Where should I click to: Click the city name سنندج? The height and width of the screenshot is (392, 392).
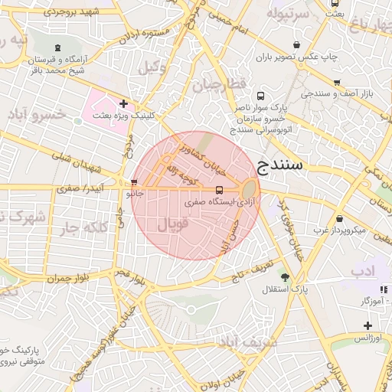click(280, 165)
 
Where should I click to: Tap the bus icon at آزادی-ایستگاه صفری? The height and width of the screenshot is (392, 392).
click(220, 190)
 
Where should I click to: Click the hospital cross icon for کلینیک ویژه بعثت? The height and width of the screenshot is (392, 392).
click(123, 103)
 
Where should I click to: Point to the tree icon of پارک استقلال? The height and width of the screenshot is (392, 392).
click(286, 277)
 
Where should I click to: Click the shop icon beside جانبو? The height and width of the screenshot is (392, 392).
click(136, 184)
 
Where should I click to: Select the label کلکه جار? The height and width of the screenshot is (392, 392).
click(82, 227)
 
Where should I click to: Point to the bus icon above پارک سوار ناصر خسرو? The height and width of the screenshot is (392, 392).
click(261, 96)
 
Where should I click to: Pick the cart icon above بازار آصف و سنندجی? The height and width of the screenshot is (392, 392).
click(336, 81)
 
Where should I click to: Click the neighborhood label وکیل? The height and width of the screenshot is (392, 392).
click(152, 67)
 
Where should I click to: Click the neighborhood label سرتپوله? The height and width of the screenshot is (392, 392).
click(288, 14)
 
